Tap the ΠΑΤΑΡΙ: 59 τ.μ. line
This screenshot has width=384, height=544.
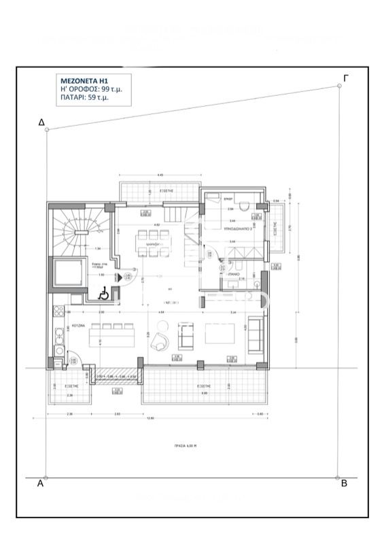tap(84, 99)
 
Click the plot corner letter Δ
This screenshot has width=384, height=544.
tap(41, 122)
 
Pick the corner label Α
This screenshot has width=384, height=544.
tap(40, 483)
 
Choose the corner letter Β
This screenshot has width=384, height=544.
tap(344, 483)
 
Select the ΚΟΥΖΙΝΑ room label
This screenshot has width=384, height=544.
tap(77, 326)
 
